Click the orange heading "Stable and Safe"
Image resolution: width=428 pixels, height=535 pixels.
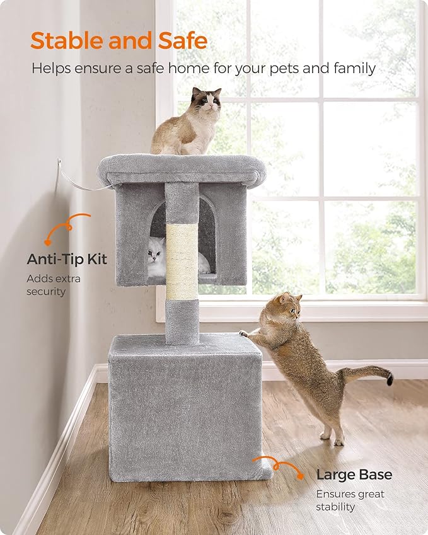tap(119, 40)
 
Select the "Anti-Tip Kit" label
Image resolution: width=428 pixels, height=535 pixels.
tap(67, 259)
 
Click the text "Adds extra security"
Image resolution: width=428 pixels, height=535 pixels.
tap(54, 284)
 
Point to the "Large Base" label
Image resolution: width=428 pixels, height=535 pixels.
tap(354, 475)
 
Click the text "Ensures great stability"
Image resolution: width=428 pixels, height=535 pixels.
tap(350, 500)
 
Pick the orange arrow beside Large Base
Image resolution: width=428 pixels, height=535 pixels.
tap(278, 466)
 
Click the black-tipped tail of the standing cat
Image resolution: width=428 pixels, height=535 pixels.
tap(388, 378)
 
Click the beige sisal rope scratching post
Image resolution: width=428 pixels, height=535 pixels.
tap(182, 260)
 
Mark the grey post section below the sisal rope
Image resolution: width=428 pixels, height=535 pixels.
tap(182, 321)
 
